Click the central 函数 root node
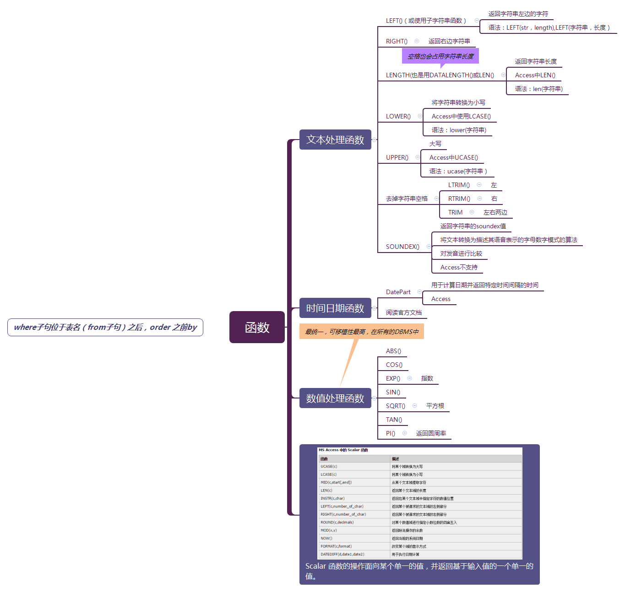tap(257, 327)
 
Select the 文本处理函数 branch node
tap(335, 140)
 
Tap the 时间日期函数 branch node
tap(335, 308)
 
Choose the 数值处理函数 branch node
tap(335, 398)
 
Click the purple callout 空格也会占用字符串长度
tap(440, 56)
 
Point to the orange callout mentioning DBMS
tap(362, 332)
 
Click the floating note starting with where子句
tap(105, 327)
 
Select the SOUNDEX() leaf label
tap(402, 247)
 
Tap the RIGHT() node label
tap(397, 41)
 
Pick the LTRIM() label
tap(459, 185)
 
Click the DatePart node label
tap(398, 292)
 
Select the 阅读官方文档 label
tap(403, 312)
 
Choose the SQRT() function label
tap(395, 406)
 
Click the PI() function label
tap(390, 433)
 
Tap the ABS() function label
tap(393, 351)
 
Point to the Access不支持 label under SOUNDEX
tap(459, 267)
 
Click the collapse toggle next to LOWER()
tap(420, 116)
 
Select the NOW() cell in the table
tap(326, 538)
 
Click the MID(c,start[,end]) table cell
tap(336, 482)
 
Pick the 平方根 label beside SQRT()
tap(435, 406)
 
